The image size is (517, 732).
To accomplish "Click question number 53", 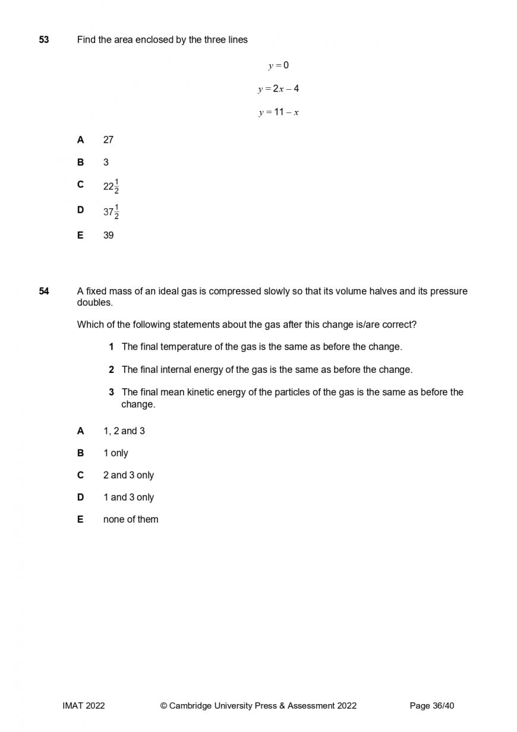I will (x=44, y=40).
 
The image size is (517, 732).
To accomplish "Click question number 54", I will (x=44, y=291).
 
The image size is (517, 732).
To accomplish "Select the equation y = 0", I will (x=278, y=65).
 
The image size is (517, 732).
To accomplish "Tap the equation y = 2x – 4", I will (x=278, y=89).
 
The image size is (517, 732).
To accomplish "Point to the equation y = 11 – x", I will (x=278, y=112).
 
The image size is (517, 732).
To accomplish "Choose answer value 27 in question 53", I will (x=108, y=140).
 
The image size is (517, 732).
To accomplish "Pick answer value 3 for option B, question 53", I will (x=106, y=162).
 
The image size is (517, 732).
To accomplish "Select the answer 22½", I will (x=111, y=186).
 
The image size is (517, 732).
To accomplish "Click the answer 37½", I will (x=111, y=211).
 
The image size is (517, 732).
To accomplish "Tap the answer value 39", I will (x=108, y=235).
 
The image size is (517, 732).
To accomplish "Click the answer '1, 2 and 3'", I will (x=124, y=431).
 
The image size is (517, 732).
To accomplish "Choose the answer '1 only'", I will (x=115, y=453).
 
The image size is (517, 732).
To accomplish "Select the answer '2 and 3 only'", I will (x=128, y=475).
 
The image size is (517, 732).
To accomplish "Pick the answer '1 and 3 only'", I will (x=128, y=497).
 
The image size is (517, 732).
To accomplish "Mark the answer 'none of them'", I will (x=131, y=519).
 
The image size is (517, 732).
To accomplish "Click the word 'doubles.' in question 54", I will (x=94, y=302).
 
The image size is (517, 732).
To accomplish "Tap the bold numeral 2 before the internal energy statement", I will (x=111, y=370).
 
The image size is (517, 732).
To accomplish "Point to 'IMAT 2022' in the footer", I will (x=83, y=706).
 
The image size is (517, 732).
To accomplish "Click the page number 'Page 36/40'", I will (x=432, y=706).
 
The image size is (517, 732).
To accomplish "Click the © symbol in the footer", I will (x=163, y=706).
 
